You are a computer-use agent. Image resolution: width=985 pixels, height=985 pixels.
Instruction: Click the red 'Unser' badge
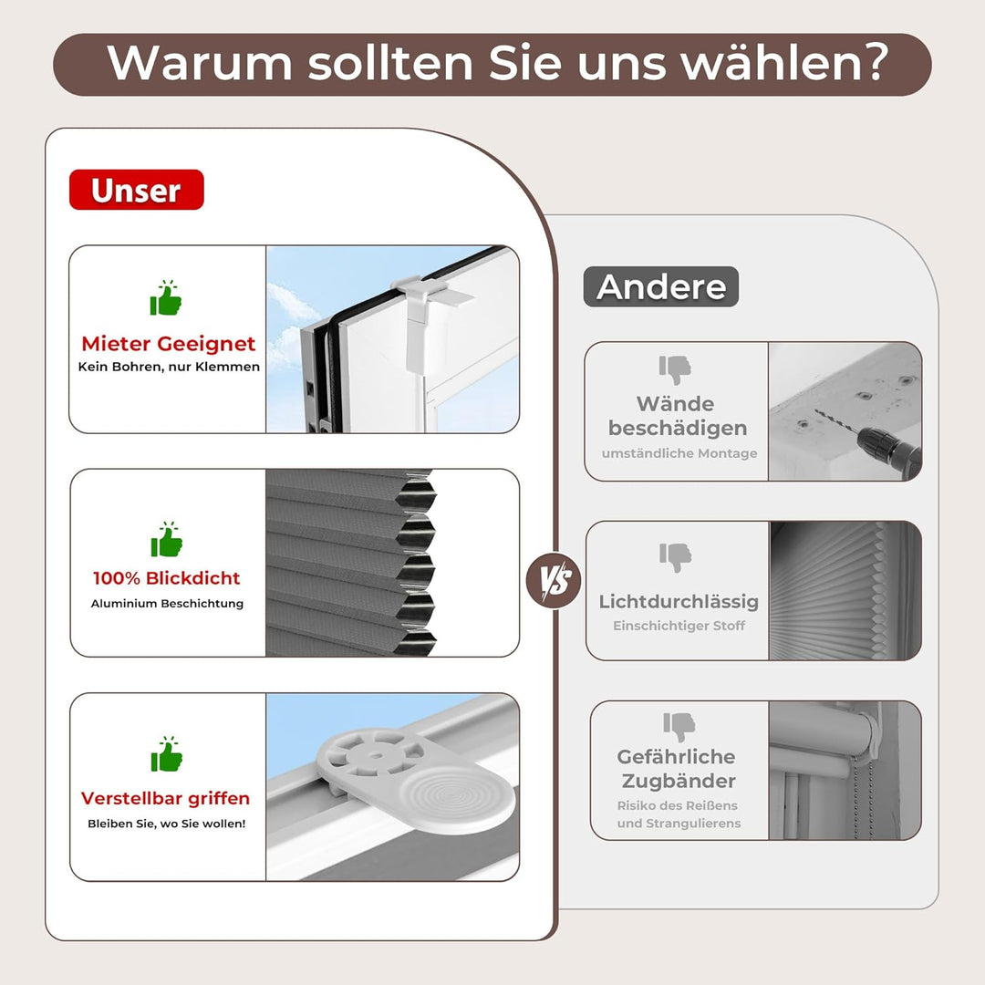pyautogui.click(x=136, y=190)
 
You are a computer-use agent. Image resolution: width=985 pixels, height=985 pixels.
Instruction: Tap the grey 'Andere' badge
pyautogui.click(x=660, y=286)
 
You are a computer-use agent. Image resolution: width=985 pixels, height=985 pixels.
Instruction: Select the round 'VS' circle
pyautogui.click(x=554, y=578)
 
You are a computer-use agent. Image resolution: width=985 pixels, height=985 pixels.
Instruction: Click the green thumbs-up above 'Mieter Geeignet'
pyautogui.click(x=166, y=298)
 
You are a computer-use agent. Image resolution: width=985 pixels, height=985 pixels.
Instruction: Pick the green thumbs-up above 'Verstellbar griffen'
pyautogui.click(x=166, y=754)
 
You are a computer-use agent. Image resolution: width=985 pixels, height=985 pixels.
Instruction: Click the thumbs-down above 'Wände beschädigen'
pyautogui.click(x=676, y=369)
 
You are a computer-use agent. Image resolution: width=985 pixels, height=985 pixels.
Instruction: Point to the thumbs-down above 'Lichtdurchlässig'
pyautogui.click(x=676, y=556)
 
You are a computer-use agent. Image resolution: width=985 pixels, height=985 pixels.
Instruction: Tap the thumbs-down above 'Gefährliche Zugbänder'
pyautogui.click(x=679, y=726)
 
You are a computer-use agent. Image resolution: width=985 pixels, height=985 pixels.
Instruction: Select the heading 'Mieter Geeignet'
pyautogui.click(x=169, y=344)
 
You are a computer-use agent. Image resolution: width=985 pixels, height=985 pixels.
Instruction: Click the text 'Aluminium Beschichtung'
pyautogui.click(x=167, y=604)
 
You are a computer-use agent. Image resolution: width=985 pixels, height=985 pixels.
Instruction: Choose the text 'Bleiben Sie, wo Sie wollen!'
pyautogui.click(x=167, y=824)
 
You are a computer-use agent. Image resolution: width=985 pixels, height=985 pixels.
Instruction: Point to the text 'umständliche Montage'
pyautogui.click(x=679, y=453)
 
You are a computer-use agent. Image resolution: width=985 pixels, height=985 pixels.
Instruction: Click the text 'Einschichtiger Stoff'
pyautogui.click(x=679, y=626)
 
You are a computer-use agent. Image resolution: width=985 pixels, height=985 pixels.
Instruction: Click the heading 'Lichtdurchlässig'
pyautogui.click(x=679, y=601)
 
